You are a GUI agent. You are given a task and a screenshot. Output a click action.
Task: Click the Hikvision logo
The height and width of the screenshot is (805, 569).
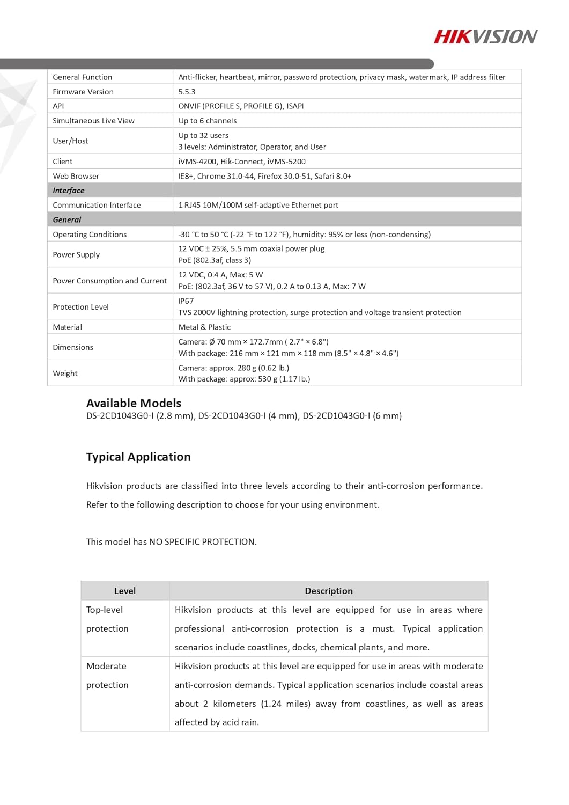coord(485,36)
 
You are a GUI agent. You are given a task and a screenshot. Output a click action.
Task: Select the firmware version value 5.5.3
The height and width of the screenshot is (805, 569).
coord(187,92)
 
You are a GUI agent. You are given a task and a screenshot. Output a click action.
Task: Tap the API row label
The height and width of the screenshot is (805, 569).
coord(58,106)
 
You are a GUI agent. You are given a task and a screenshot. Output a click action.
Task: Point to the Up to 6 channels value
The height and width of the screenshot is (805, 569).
coord(208,121)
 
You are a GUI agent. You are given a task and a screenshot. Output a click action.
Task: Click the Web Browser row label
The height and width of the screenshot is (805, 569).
coord(76,176)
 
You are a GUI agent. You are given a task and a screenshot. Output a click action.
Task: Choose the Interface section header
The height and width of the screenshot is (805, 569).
coord(69,191)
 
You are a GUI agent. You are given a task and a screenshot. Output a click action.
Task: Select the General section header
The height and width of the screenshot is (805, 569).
coord(67,219)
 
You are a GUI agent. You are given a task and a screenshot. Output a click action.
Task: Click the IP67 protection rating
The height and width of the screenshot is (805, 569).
coord(186,301)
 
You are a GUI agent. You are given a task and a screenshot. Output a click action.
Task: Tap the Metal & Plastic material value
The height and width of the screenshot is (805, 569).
coord(204,327)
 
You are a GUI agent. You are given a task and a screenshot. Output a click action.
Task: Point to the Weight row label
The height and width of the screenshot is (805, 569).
coord(65,374)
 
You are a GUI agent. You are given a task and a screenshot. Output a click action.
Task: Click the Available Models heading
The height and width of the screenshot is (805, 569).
coord(134,403)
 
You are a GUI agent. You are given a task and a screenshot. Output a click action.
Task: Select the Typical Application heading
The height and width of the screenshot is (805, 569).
coord(138,457)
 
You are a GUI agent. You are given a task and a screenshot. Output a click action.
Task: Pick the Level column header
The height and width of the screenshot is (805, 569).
coord(125,591)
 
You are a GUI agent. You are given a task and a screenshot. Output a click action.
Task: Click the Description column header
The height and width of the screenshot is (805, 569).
coord(329,591)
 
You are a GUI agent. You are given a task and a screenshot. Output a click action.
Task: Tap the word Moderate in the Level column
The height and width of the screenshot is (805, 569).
coord(106,666)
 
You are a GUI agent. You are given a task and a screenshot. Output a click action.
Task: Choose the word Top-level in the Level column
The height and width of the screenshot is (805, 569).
coord(105,610)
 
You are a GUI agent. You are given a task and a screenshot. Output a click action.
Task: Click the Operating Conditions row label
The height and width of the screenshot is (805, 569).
coord(90,235)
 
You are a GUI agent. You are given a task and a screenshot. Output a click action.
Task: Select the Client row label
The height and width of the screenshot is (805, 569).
coord(63,162)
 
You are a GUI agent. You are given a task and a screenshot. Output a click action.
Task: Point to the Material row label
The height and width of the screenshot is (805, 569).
coord(68,327)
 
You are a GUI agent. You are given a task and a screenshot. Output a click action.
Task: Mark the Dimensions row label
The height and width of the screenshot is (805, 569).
coord(73,347)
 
